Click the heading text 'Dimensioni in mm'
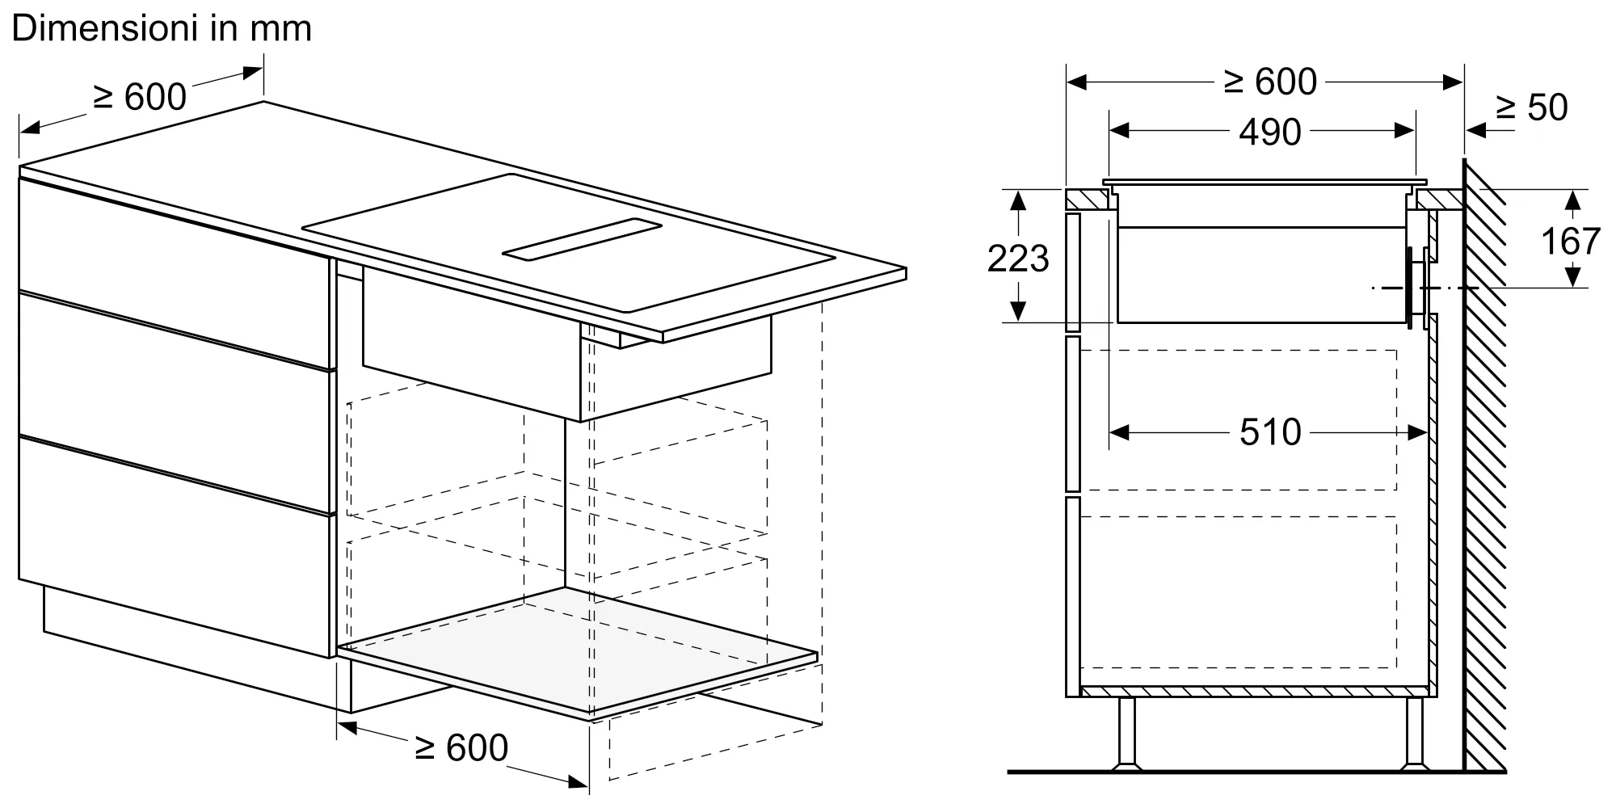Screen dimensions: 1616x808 pyautogui.click(x=162, y=29)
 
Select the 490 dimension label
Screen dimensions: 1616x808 pyautogui.click(x=1270, y=132)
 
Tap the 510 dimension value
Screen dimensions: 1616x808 pyautogui.click(x=1271, y=432)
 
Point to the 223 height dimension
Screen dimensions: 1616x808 pyautogui.click(x=1018, y=259)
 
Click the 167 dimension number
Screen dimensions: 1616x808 pyautogui.click(x=1571, y=241)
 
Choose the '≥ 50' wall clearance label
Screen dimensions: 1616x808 pyautogui.click(x=1532, y=107)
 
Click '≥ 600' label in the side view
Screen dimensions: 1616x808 pyautogui.click(x=1271, y=82)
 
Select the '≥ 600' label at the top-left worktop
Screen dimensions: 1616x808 pyautogui.click(x=140, y=97)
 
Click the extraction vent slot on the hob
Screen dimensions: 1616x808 pyautogui.click(x=582, y=240)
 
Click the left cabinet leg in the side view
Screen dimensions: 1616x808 pyautogui.click(x=1126, y=733)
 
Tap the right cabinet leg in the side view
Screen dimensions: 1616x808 pyautogui.click(x=1414, y=733)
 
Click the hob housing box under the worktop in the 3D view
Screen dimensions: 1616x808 pyautogui.click(x=566, y=356)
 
